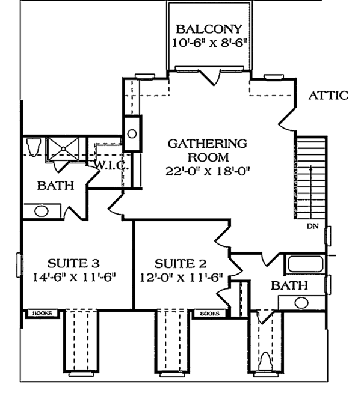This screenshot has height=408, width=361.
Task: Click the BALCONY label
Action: point(209,28)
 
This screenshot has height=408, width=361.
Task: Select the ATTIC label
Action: point(328,96)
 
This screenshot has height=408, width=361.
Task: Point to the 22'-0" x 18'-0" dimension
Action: point(208,171)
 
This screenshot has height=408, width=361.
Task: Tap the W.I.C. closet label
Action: point(110,165)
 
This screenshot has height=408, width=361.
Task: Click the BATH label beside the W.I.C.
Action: point(55,186)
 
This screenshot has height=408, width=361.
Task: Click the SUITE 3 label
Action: point(73,263)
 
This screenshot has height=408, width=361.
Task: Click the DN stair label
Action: point(312,227)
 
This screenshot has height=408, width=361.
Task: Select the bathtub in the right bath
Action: point(305,264)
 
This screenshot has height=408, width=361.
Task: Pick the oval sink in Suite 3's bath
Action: point(41,211)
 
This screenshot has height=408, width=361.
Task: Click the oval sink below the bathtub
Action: point(301,302)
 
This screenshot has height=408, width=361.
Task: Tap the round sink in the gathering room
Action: point(131,133)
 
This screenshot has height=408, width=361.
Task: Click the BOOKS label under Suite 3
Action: point(41,313)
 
